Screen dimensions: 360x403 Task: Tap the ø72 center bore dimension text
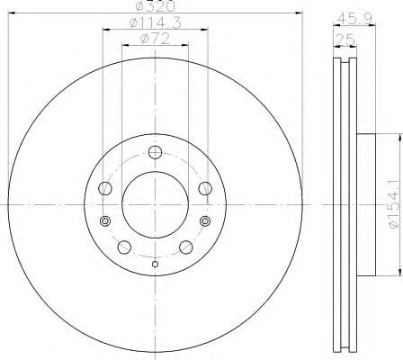155,39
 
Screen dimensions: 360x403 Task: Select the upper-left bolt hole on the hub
106,187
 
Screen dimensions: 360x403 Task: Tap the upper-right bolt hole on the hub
203,187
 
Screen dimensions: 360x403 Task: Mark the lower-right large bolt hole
185,246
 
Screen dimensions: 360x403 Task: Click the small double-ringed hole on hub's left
105,221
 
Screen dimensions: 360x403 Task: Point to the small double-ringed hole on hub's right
204,221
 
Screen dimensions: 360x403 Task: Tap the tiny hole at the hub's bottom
155,264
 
